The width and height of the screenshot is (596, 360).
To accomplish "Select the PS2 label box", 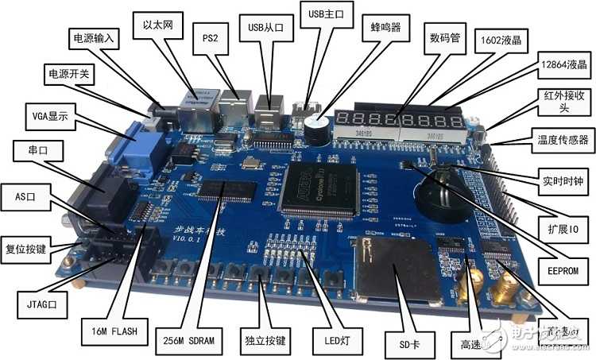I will pos(210,37).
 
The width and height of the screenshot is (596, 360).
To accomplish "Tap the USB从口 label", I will pos(265,27).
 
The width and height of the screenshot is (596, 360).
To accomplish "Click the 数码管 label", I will pos(446,38).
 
